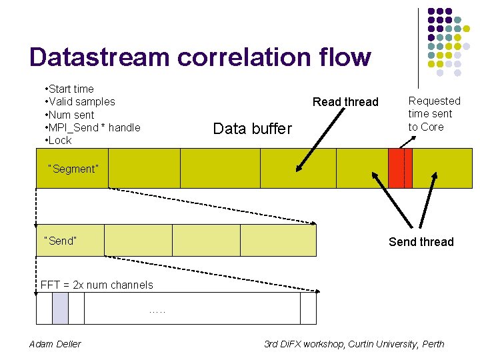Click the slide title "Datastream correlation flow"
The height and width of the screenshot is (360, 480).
coord(200,57)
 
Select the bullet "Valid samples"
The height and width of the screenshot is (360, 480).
coord(79,101)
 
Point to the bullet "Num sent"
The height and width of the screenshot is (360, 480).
coord(69,115)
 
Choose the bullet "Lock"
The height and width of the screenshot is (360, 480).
coord(59,140)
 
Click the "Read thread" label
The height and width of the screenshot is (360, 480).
coord(345,102)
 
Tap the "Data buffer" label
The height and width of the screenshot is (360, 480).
coord(252,129)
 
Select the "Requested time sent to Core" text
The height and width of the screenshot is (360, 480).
coord(434,113)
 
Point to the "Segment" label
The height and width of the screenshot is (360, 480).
coord(73,169)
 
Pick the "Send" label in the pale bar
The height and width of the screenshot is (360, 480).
coord(60,241)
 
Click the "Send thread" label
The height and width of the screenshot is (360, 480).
coord(421,242)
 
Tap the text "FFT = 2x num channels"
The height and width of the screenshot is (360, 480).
coord(97,285)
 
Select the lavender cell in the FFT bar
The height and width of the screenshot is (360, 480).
coord(60,308)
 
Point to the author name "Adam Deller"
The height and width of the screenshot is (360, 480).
coord(55,344)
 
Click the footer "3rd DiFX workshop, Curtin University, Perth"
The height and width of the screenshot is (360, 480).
coord(354,344)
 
